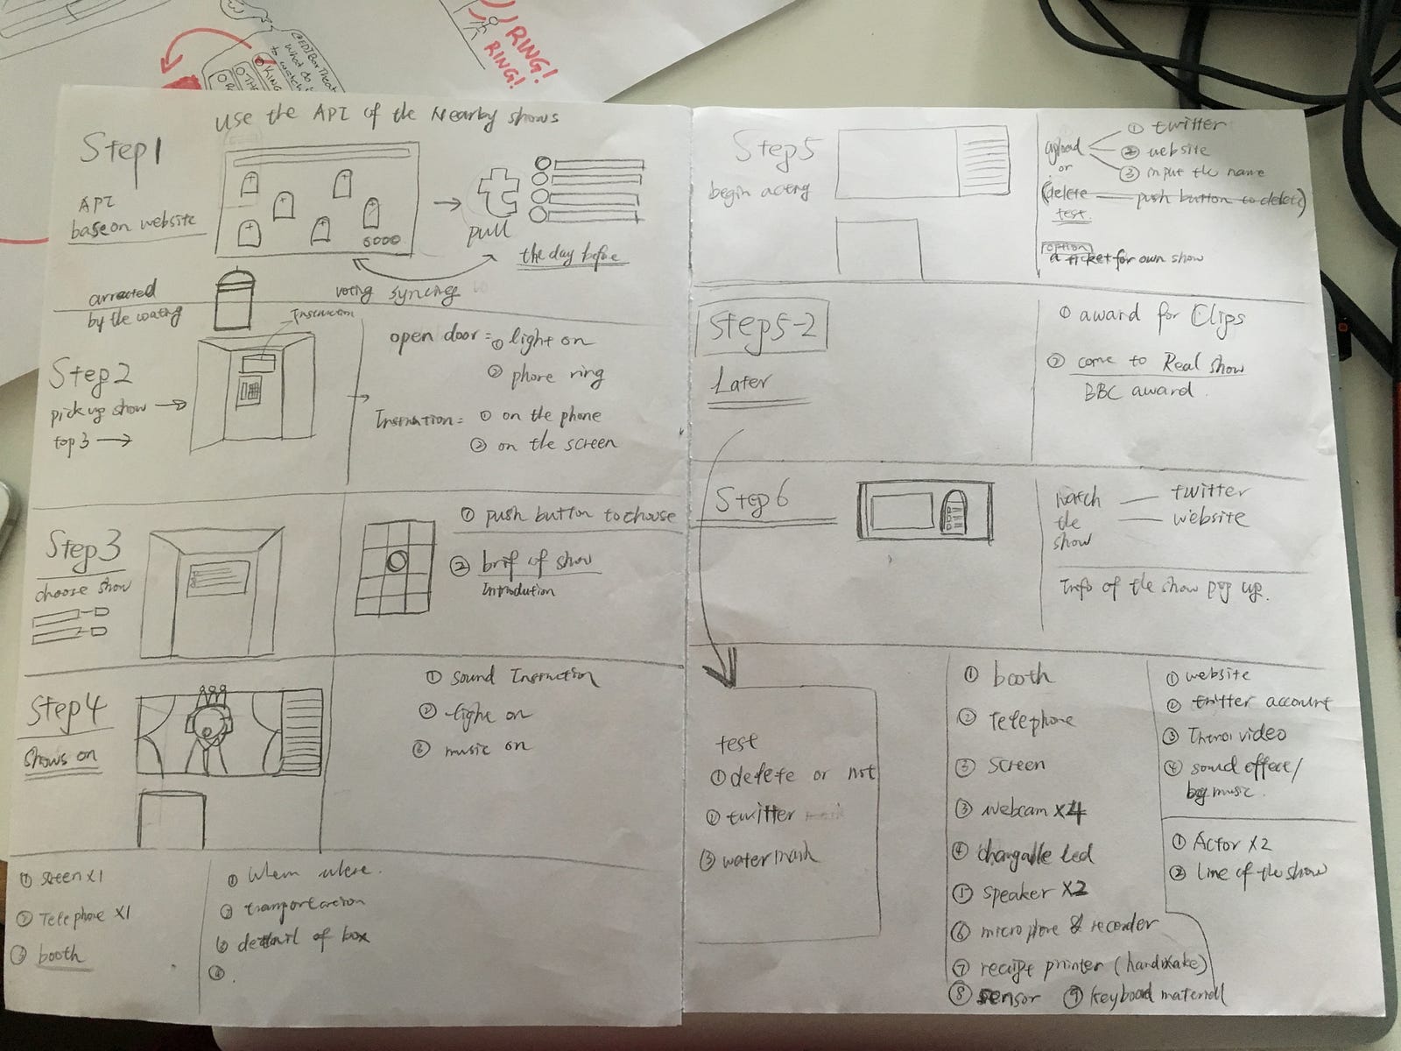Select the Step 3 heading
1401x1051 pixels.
point(86,549)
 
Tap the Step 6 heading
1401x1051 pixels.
point(752,500)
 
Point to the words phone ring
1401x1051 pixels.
point(557,376)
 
